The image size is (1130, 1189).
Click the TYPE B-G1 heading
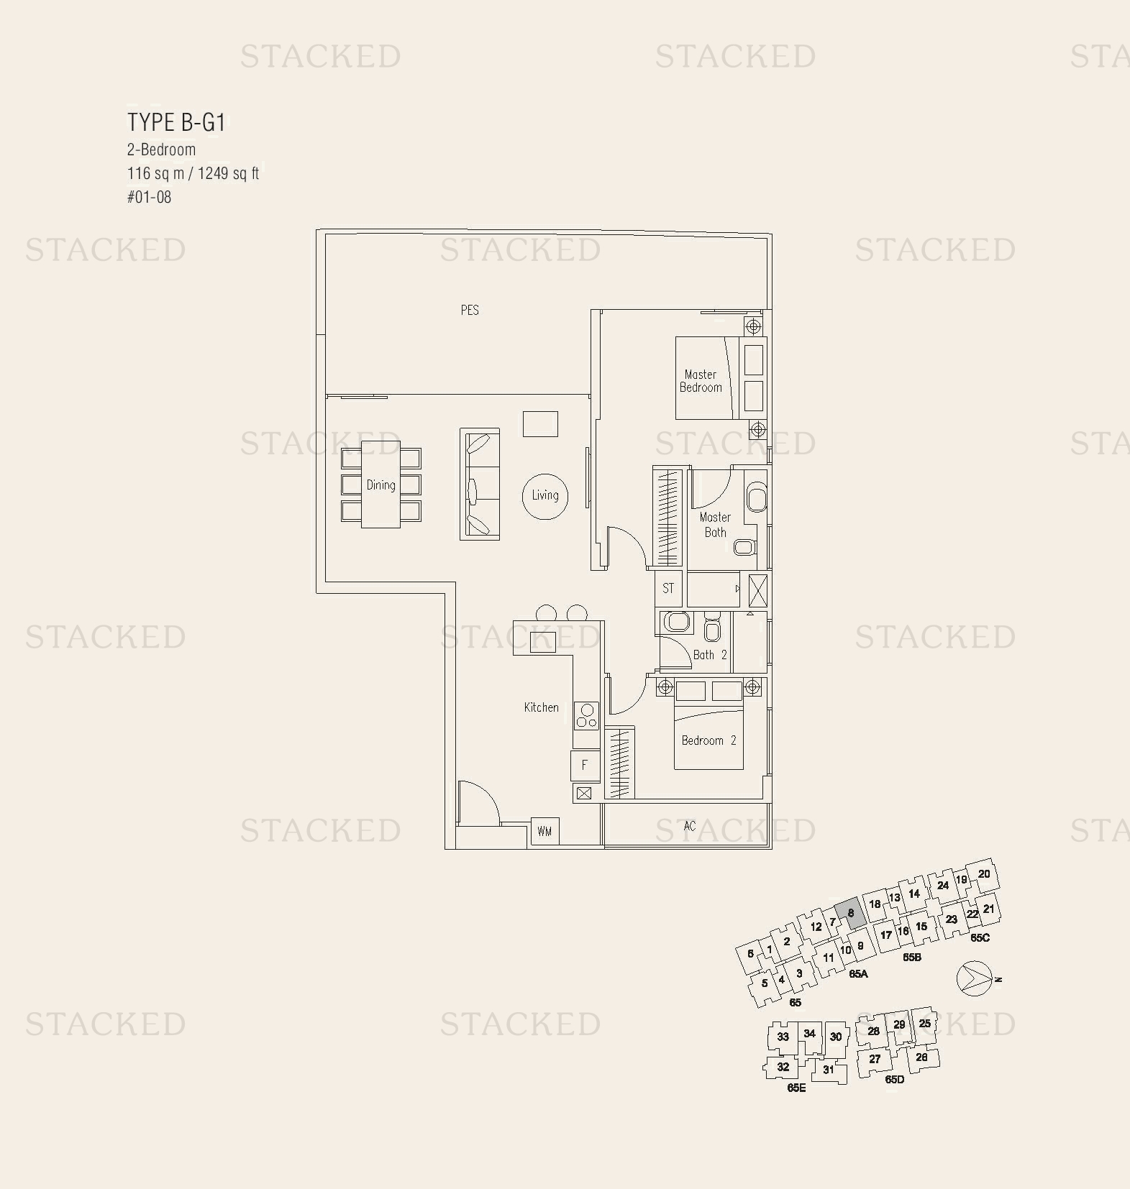177,122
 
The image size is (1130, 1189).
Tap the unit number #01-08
150,197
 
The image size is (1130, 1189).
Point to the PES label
470,310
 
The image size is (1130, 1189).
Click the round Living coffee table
545,495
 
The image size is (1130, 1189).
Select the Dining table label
381,485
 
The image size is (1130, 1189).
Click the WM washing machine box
545,831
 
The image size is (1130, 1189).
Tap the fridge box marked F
585,765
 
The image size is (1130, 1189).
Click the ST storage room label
668,588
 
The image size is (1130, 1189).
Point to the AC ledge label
689,826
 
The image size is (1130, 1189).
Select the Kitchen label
541,707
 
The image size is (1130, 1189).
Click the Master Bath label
715,525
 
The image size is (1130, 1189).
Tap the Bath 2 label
709,655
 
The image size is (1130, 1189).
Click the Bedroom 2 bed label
708,740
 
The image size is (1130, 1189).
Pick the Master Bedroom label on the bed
701,381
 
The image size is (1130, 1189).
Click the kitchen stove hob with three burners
586,716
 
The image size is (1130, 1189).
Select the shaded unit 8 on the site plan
850,913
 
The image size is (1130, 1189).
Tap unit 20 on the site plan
984,874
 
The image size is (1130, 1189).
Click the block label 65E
796,1088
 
